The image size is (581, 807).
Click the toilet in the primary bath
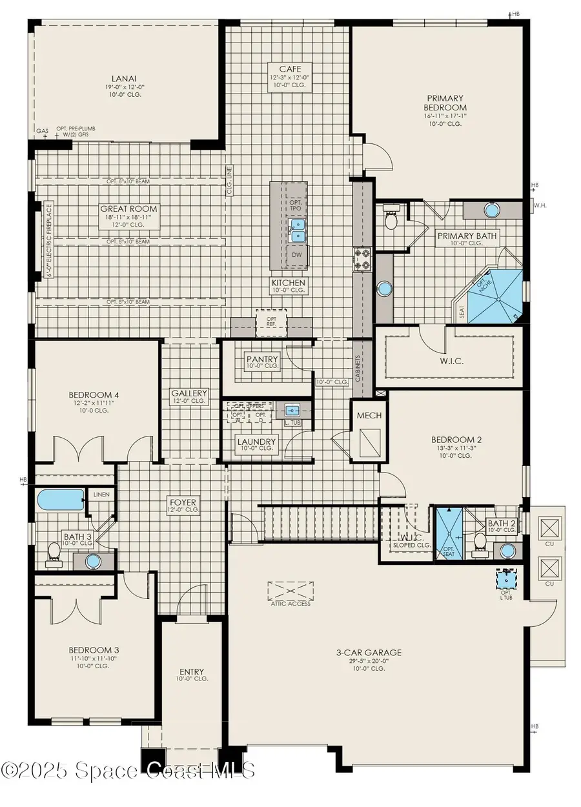391,220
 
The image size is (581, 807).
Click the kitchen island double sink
297,229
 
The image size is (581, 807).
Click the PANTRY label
262,359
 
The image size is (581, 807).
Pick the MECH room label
369,416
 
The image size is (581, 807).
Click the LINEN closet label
102,495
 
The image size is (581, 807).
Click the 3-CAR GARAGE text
369,652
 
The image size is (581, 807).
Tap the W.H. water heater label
540,207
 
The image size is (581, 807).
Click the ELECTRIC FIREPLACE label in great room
49,241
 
